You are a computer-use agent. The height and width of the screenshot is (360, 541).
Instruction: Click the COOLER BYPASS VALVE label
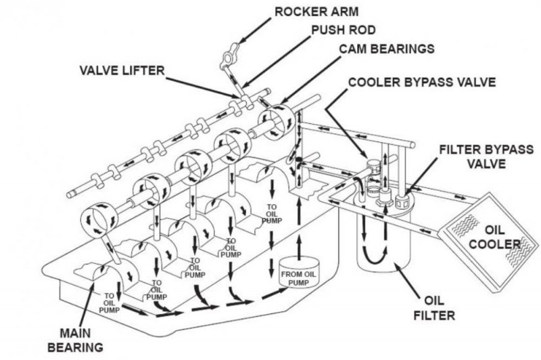coord(423,82)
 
